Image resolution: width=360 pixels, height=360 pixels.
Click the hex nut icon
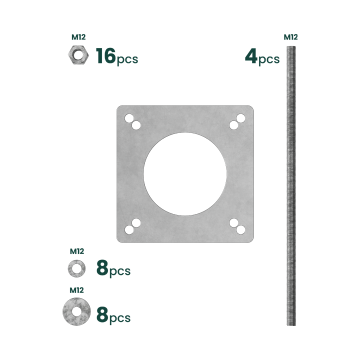(x=78, y=55)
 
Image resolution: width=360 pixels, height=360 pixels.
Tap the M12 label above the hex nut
(x=78, y=37)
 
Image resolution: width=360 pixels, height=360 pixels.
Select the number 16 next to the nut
(x=105, y=55)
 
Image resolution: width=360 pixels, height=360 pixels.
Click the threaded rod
(x=291, y=185)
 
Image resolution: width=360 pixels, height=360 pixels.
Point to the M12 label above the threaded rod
(x=290, y=37)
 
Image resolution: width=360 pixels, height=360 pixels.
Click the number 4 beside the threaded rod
(x=251, y=55)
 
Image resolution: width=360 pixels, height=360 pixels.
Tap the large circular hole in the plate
(x=185, y=174)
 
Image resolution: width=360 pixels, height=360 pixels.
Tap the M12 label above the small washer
(x=77, y=251)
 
